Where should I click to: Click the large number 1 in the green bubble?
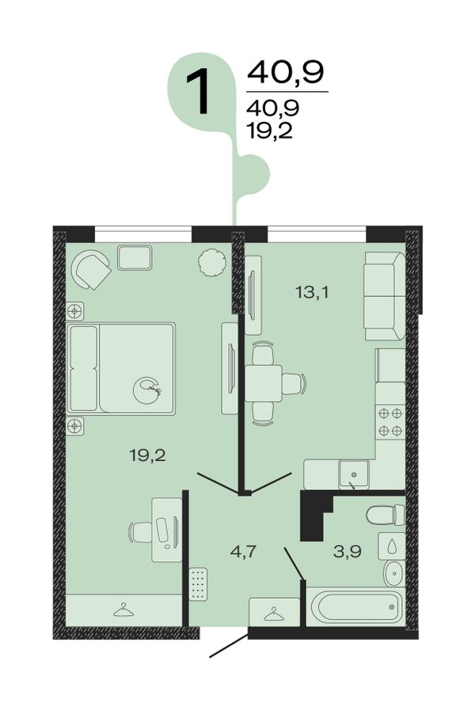(199, 91)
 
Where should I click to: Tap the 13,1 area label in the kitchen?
(311, 292)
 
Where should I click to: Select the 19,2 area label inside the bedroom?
(148, 454)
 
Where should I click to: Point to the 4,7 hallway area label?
(243, 552)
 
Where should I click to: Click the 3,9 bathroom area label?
(348, 551)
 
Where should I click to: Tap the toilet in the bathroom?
(386, 515)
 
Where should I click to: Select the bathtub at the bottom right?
(355, 606)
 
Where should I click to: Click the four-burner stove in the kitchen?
(390, 422)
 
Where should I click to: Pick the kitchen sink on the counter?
(354, 473)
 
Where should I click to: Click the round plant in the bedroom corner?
(211, 263)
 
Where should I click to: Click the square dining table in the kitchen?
(264, 382)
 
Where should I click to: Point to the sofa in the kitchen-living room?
(384, 296)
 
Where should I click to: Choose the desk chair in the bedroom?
(141, 532)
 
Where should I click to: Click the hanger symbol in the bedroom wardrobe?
(123, 610)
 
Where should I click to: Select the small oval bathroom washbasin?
(394, 573)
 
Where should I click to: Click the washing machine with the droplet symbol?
(392, 546)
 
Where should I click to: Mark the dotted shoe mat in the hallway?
(198, 584)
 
